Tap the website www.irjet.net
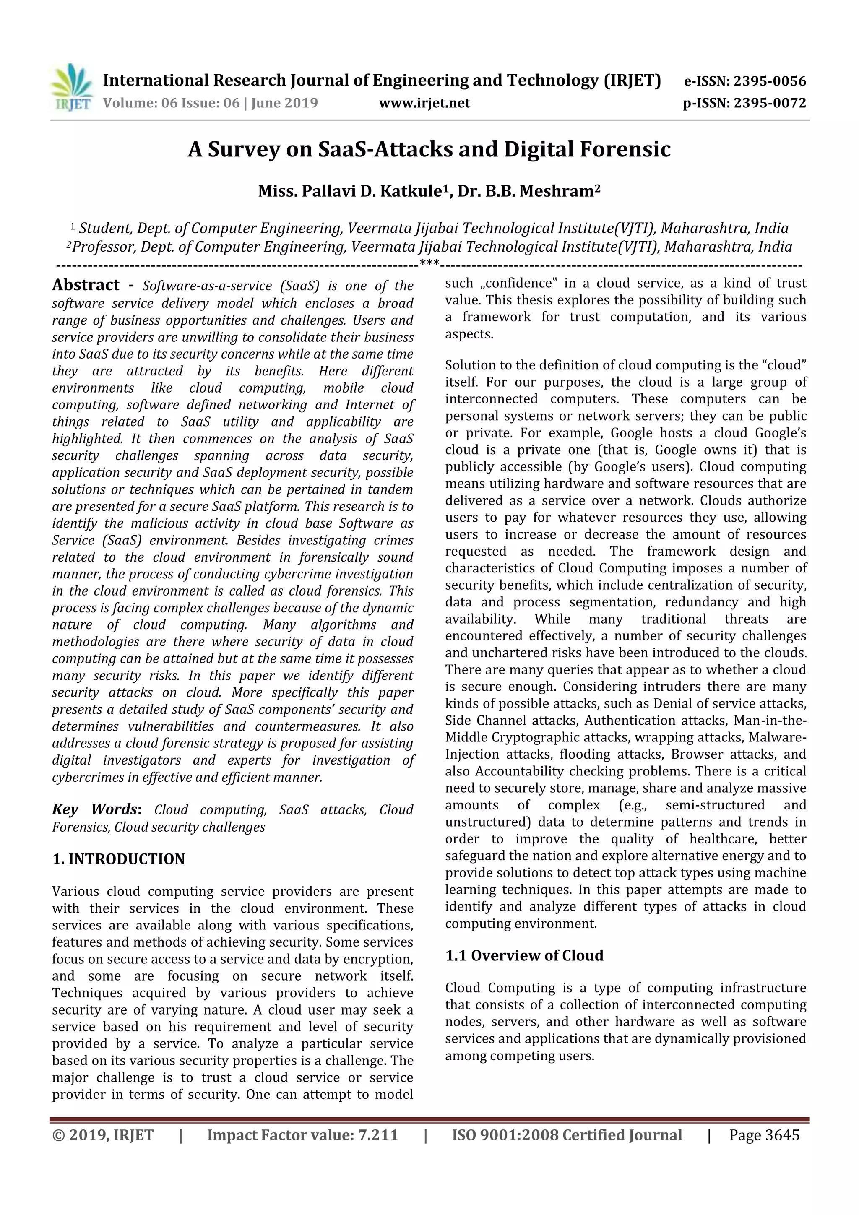coord(424,103)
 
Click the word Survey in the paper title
coord(243,150)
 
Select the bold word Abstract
coord(86,285)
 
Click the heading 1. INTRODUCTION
coord(119,859)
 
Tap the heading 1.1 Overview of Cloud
coord(524,955)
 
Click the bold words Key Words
coord(95,809)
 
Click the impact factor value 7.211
coord(377,1134)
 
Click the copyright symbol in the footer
coord(58,1135)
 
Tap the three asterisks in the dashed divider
coord(429,263)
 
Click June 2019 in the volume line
coord(284,103)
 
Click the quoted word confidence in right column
coord(523,283)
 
